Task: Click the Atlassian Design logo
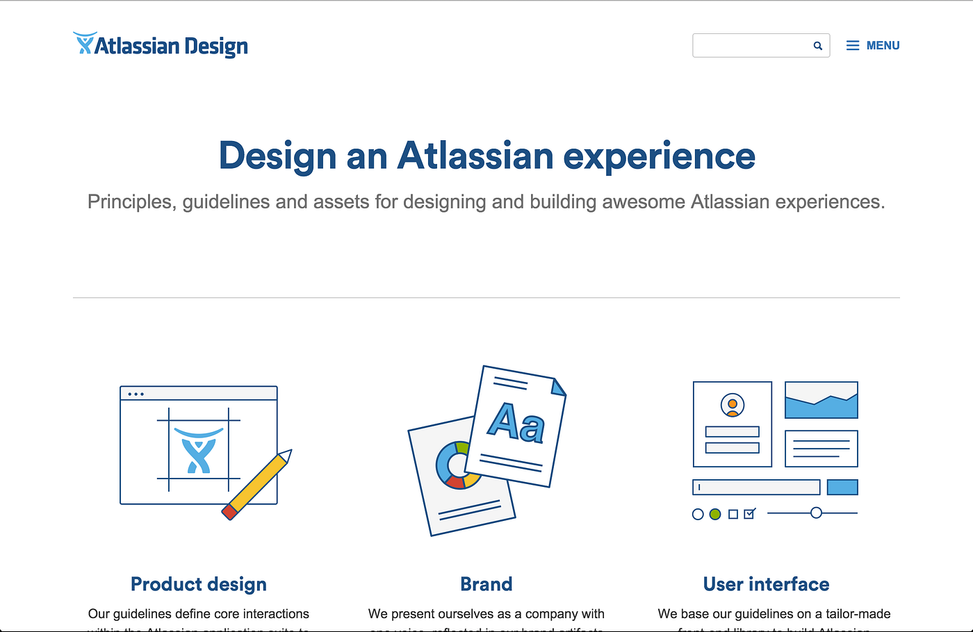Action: [161, 45]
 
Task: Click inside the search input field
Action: [751, 46]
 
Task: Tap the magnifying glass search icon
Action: [818, 46]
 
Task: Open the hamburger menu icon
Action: [853, 46]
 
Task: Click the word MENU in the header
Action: [883, 46]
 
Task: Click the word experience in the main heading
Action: [659, 156]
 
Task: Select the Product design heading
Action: [199, 584]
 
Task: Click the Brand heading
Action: [486, 584]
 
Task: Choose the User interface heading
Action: [766, 584]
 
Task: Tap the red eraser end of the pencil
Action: [229, 513]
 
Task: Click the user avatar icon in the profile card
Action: [733, 405]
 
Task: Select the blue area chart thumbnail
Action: [821, 401]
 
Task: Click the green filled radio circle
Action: [715, 515]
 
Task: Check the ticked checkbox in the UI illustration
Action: [749, 514]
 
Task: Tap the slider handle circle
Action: [817, 513]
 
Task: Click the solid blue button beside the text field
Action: [842, 488]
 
